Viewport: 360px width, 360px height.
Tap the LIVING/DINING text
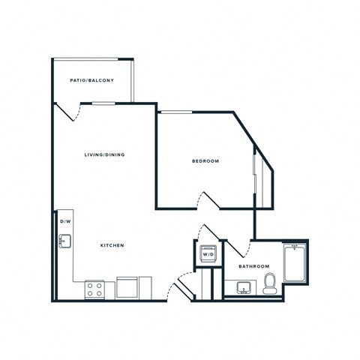click(x=104, y=154)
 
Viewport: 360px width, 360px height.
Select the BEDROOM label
click(x=205, y=160)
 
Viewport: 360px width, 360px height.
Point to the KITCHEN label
click(x=112, y=245)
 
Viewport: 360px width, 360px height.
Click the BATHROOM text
click(x=253, y=266)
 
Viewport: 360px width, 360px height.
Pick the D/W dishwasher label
click(x=64, y=223)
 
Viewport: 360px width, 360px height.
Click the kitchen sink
click(x=65, y=241)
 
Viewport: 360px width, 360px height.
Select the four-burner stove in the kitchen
click(x=95, y=289)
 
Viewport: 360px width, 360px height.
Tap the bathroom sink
click(x=243, y=286)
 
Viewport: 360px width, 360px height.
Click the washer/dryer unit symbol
click(x=208, y=253)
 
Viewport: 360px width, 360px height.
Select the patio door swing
click(x=71, y=112)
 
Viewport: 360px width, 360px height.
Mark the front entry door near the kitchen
click(x=180, y=288)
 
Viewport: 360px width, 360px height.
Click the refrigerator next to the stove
click(x=127, y=288)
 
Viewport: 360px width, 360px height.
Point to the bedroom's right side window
click(x=257, y=178)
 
